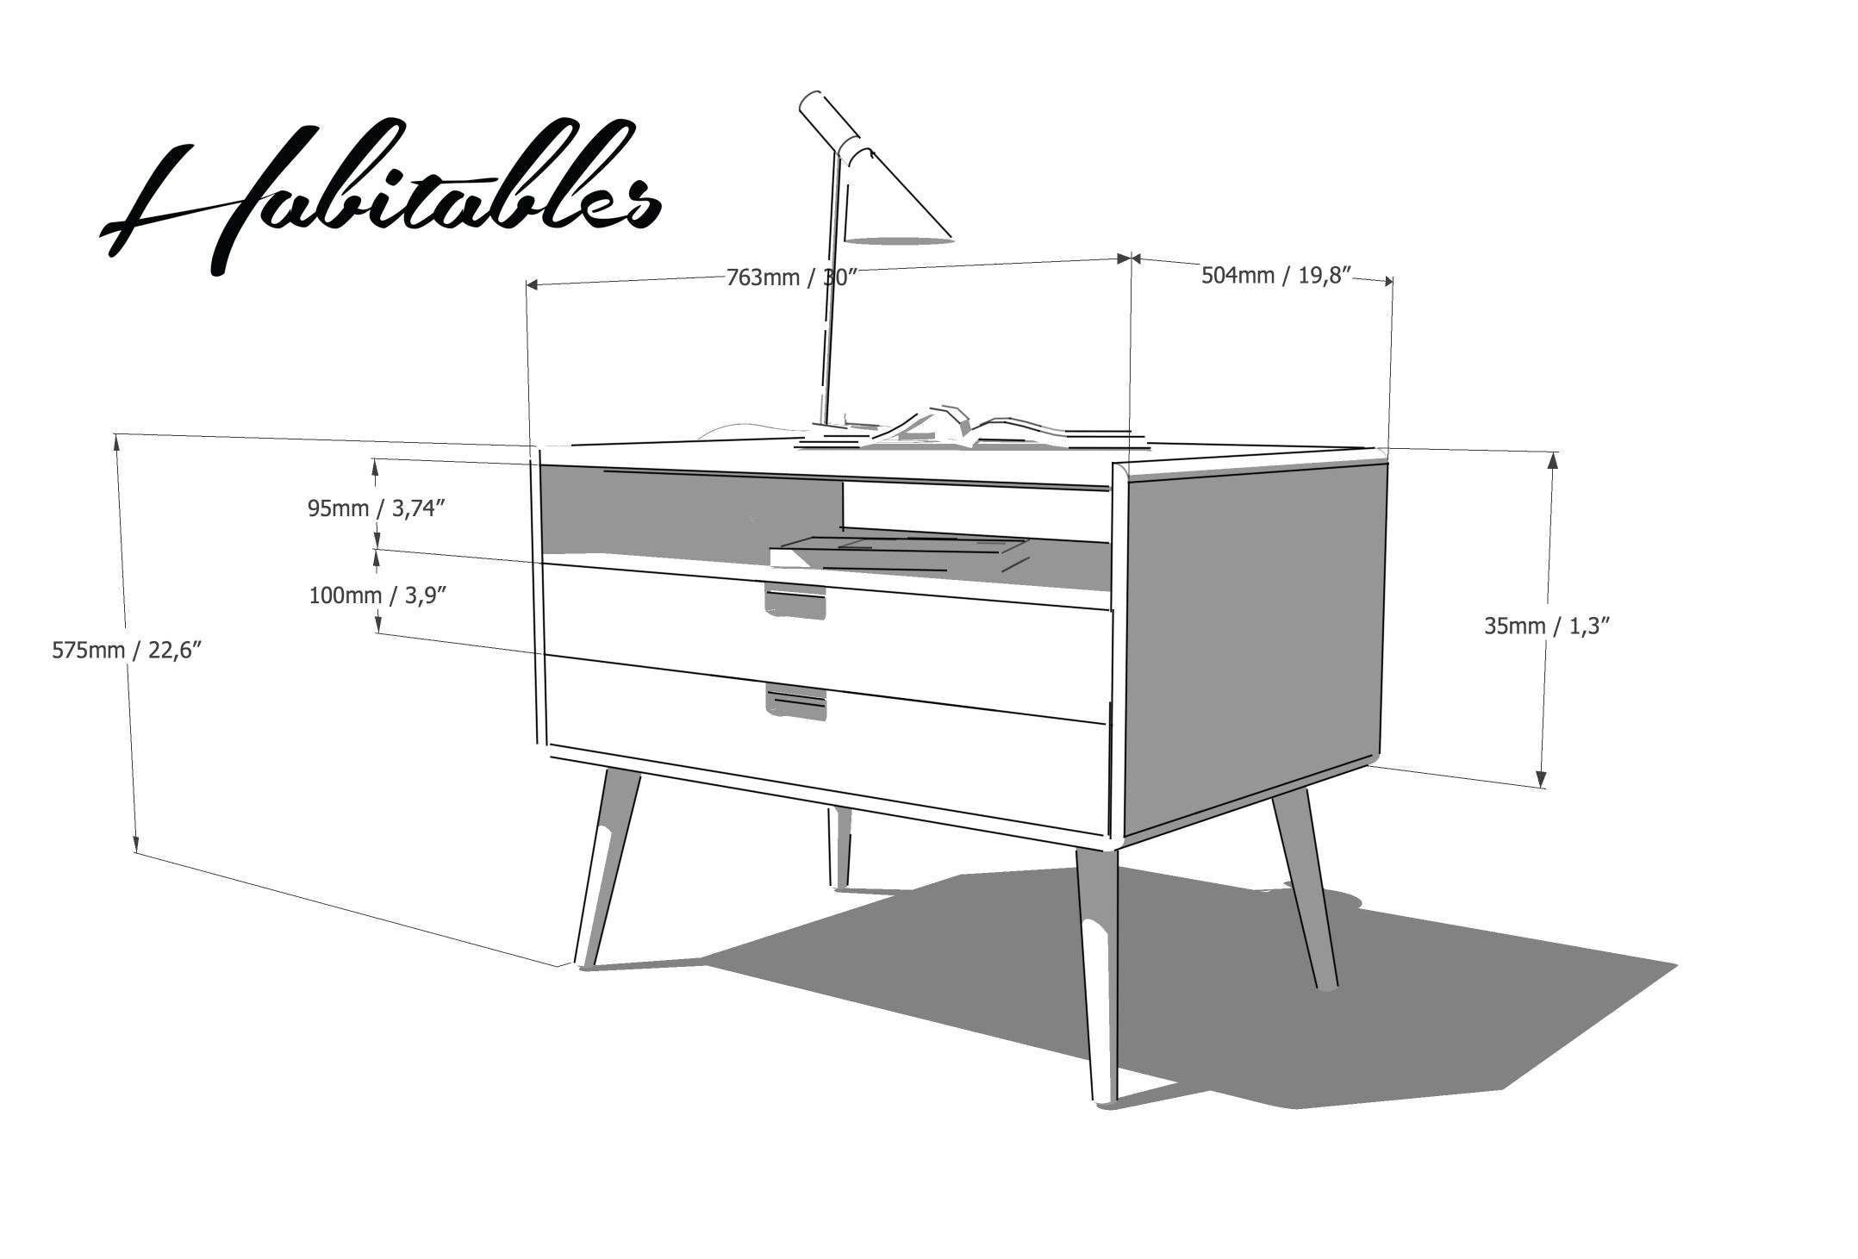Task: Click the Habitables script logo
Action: click(381, 196)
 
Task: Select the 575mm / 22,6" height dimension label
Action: click(127, 650)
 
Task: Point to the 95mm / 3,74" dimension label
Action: click(377, 508)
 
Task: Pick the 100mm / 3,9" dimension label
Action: click(378, 595)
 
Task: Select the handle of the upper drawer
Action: click(795, 601)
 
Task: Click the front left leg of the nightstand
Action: click(608, 869)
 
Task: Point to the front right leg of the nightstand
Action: click(1097, 975)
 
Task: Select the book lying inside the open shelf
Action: click(900, 553)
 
